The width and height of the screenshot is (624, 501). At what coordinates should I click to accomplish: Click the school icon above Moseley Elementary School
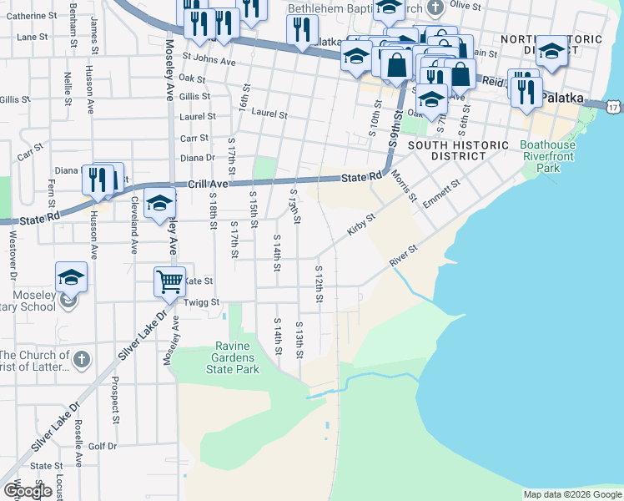coord(72,276)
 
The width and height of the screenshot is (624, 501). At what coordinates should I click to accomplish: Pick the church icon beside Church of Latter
coord(80,360)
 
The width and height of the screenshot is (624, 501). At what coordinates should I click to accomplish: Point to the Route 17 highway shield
coord(614,106)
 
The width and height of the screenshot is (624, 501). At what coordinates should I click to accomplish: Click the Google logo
coord(28,491)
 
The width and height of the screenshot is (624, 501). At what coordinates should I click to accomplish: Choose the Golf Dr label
coord(103,446)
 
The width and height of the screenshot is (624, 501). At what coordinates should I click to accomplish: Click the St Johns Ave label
coord(209,61)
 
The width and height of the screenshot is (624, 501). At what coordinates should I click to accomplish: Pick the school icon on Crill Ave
coord(159,203)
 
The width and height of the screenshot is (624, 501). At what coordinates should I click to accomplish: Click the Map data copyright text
coord(571,494)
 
